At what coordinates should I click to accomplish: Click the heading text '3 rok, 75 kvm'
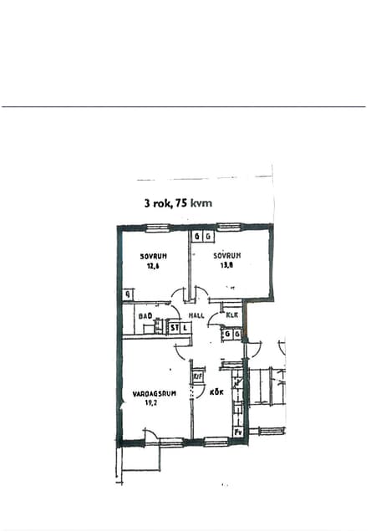pyautogui.click(x=178, y=202)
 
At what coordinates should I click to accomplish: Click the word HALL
pyautogui.click(x=197, y=315)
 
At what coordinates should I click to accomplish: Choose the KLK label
pyautogui.click(x=232, y=315)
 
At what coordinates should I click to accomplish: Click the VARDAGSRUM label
pyautogui.click(x=154, y=392)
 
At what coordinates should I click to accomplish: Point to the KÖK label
pyautogui.click(x=217, y=392)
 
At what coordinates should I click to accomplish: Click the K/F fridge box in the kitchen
pyautogui.click(x=198, y=376)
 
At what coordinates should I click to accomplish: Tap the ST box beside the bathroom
pyautogui.click(x=175, y=329)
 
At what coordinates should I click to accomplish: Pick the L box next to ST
pyautogui.click(x=185, y=329)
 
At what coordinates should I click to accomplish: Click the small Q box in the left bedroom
pyautogui.click(x=128, y=294)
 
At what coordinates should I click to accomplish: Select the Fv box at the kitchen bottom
pyautogui.click(x=237, y=432)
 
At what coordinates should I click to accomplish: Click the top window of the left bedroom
pyautogui.click(x=157, y=226)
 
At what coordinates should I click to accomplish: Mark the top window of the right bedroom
pyautogui.click(x=229, y=226)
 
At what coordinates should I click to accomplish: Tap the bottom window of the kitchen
pyautogui.click(x=216, y=441)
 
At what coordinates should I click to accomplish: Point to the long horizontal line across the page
pyautogui.click(x=184, y=106)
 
